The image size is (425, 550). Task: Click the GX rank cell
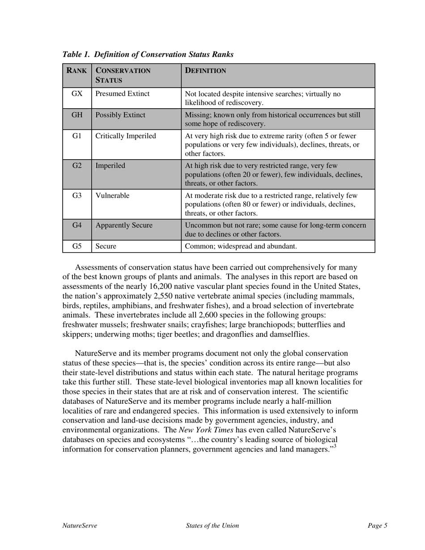click(x=77, y=94)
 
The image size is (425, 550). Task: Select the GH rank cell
click(x=77, y=115)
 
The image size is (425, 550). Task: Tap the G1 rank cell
click(x=77, y=136)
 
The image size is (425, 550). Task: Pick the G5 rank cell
click(x=77, y=246)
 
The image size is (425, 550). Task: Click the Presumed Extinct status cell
click(x=123, y=94)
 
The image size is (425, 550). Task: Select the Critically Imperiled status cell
click(x=126, y=136)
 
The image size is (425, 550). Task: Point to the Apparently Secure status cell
click(x=124, y=225)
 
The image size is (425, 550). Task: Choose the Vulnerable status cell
click(x=112, y=195)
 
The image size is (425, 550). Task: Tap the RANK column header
click(x=76, y=71)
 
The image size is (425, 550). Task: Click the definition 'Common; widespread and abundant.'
click(x=241, y=246)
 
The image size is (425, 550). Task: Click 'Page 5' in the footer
click(x=377, y=526)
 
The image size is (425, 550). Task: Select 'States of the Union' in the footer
click(x=212, y=526)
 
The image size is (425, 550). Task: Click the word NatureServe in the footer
click(x=80, y=526)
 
